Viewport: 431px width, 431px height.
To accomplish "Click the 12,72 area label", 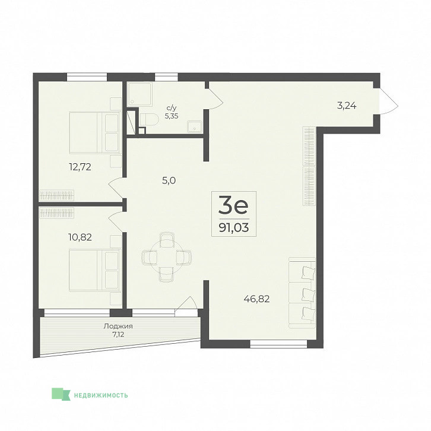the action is pos(80,167).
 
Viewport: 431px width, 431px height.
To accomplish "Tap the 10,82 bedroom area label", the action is pos(80,237).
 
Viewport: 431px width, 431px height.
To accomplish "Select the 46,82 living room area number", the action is pos(256,299).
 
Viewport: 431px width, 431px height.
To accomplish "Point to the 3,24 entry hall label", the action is pos(347,106).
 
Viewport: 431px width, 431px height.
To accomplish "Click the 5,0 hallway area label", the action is pos(169,180).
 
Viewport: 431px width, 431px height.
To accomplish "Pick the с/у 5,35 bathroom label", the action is pos(172,112).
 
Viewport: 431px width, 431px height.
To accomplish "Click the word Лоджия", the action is pos(118,327).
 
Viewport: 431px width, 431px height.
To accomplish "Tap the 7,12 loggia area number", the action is pos(118,334).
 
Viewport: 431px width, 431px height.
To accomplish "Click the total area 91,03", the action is pos(234,227).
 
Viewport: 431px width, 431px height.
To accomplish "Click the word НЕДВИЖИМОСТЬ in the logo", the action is pos(101,395).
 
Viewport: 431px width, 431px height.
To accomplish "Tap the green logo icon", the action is pos(61,394).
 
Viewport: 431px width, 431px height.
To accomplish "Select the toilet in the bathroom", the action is pos(149,121).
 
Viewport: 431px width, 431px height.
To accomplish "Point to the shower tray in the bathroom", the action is pos(140,94).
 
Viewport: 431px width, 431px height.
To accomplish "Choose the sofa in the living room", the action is pos(302,293).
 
